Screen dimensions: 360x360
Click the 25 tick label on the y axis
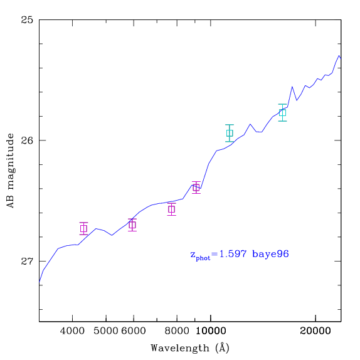point(27,19)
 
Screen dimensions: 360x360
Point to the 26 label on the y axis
point(27,140)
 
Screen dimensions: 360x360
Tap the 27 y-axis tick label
point(27,261)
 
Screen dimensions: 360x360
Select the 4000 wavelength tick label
point(72,331)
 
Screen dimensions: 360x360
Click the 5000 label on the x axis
point(105,331)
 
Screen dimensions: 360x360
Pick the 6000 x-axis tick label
point(134,331)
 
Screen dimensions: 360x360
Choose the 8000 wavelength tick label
point(177,331)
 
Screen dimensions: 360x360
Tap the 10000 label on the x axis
point(211,331)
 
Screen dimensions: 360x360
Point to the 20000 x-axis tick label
point(315,331)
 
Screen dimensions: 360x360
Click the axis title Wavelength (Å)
point(190,348)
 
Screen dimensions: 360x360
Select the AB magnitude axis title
point(10,171)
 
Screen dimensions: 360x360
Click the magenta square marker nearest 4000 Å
point(83,229)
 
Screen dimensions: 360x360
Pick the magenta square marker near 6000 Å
point(132,225)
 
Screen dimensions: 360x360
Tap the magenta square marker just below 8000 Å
point(171,209)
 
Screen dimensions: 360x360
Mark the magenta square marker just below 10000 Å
point(196,188)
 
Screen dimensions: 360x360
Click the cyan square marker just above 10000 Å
point(230,133)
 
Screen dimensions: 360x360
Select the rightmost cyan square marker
point(282,113)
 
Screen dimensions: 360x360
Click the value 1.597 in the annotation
point(233,254)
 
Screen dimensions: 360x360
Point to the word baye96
point(270,255)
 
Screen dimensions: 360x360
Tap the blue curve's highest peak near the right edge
point(339,56)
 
